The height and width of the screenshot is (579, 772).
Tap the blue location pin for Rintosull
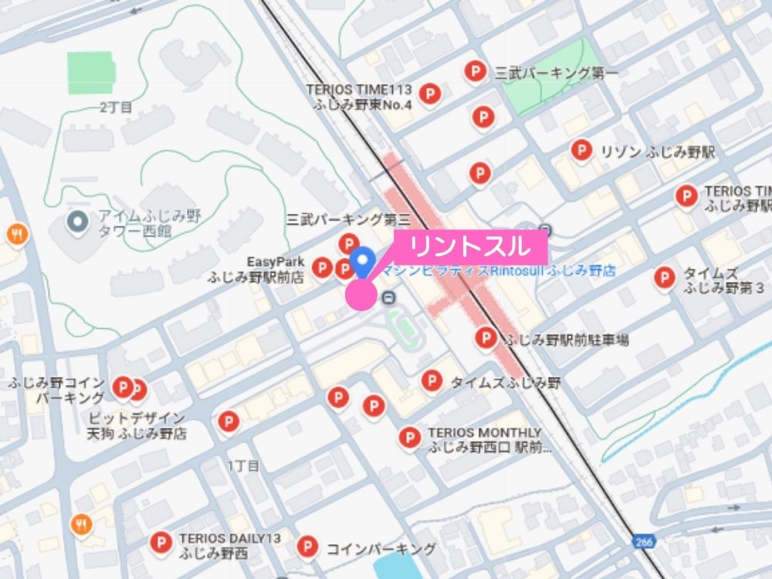coord(363,261)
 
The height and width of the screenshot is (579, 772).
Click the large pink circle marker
coord(360,296)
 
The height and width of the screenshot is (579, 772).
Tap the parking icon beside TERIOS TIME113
coord(431,94)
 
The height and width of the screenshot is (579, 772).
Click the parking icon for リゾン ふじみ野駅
coord(581,150)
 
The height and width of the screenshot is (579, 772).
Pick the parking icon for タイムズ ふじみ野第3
coord(664,278)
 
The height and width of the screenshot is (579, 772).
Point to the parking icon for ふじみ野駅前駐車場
coord(486,337)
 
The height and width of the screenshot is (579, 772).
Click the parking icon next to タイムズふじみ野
coord(432,380)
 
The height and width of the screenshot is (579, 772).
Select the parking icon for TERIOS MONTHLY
coord(409,438)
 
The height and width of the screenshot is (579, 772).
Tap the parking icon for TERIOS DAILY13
coord(161,542)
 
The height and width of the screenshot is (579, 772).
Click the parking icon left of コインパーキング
coord(307,547)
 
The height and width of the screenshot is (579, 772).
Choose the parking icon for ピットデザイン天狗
coord(228,422)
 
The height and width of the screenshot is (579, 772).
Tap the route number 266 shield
coord(645,542)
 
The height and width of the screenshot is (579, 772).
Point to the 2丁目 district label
coord(116,107)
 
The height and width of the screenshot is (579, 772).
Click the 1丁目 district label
coord(243,466)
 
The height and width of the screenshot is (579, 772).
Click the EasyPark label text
coord(276,262)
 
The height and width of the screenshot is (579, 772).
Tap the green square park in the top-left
coord(90,73)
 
